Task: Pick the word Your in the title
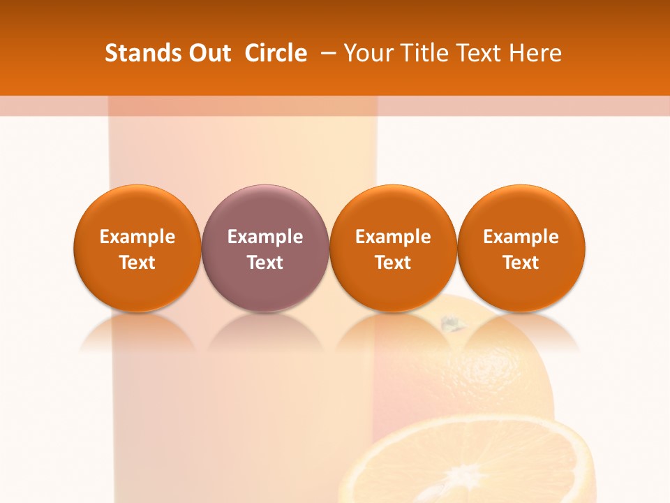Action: click(367, 53)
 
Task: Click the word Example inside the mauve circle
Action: click(265, 237)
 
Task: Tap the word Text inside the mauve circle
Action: click(265, 263)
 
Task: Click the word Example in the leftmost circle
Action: click(137, 237)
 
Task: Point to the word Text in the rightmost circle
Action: click(521, 263)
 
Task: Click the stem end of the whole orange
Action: click(451, 322)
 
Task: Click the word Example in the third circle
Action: click(393, 237)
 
